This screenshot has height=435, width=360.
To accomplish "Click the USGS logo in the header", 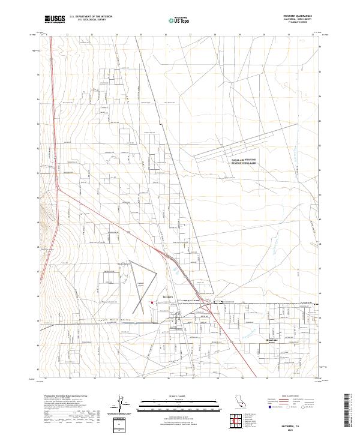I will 55,19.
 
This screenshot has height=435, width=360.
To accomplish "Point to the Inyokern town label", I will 168,296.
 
